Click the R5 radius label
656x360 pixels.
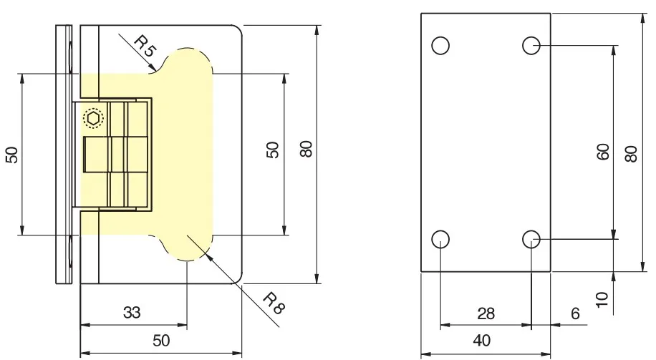(145, 46)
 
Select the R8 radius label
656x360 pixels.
(274, 303)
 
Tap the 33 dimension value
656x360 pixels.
(132, 312)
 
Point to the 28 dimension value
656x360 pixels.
(486, 313)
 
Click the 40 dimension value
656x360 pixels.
(481, 341)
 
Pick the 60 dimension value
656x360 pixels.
(603, 151)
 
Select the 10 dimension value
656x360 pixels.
(602, 300)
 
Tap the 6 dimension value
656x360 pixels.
(575, 313)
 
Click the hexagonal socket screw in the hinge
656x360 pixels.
(93, 118)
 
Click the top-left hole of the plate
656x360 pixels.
(440, 46)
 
